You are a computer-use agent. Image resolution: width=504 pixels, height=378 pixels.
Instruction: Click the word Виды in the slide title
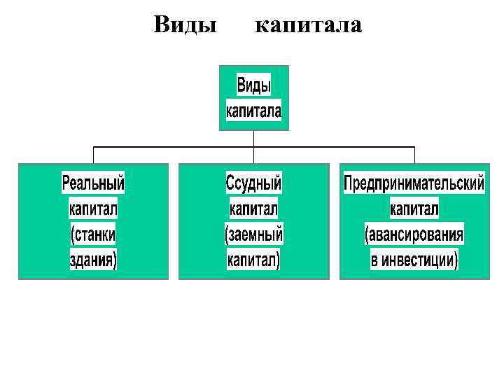coord(184,26)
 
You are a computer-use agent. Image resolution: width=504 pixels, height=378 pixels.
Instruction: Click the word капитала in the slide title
coord(308,26)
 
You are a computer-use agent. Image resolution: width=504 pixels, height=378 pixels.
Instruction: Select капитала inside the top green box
coord(253,111)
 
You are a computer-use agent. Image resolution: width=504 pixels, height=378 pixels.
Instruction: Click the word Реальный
coord(93,183)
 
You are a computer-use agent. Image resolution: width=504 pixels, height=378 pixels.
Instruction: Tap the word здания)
coord(93,260)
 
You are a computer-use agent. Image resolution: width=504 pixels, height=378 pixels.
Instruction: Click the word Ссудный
coord(253,183)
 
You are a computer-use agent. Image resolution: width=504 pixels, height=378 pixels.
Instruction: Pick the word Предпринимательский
coord(414,183)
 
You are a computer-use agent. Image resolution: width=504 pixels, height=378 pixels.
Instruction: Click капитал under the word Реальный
coord(93,209)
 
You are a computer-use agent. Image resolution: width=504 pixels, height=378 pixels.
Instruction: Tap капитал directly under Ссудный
coord(253,209)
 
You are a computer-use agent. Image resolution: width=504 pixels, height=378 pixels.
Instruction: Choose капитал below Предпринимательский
coord(414,209)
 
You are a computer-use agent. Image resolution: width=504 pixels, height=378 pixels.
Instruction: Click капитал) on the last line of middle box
coord(253,260)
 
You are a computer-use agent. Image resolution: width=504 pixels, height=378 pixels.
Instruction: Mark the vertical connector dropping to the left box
coord(94,155)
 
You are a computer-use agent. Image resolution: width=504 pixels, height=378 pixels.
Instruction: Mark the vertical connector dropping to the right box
coord(414,155)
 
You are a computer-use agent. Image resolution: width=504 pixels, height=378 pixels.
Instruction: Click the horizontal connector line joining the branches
coord(175,147)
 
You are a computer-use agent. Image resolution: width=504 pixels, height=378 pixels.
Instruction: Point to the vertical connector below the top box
coord(253,139)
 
